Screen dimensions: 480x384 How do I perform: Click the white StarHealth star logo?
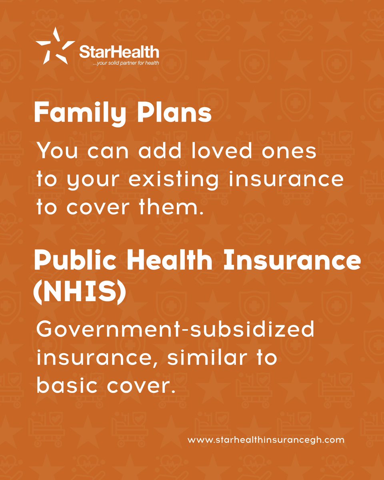click(x=54, y=46)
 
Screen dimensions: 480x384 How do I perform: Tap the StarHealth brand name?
click(x=119, y=52)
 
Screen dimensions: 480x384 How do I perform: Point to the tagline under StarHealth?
click(x=125, y=63)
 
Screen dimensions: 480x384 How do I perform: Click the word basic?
click(x=66, y=385)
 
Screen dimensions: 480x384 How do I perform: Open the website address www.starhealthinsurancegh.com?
click(x=266, y=440)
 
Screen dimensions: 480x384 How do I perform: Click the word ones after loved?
click(x=292, y=152)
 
